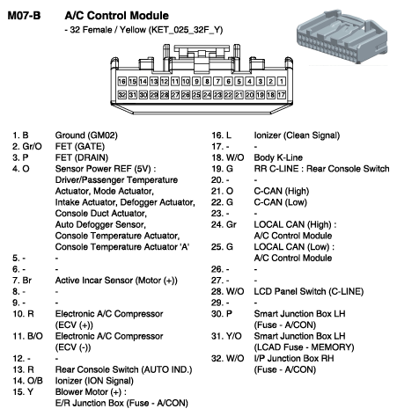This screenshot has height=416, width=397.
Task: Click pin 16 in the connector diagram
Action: [121, 81]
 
